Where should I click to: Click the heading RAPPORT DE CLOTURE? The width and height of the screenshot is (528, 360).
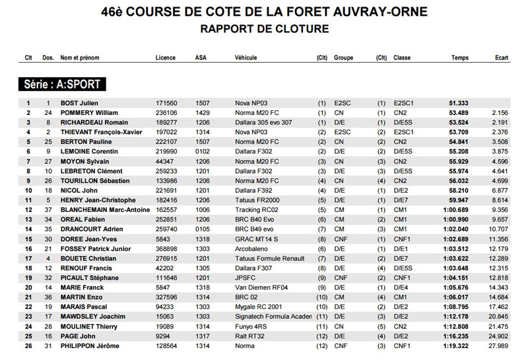click(264, 29)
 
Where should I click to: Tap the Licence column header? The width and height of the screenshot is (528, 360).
click(166, 58)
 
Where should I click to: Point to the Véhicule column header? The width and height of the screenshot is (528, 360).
click(246, 58)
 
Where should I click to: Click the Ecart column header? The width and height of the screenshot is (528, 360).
click(502, 58)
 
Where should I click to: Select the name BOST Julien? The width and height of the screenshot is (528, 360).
click(79, 104)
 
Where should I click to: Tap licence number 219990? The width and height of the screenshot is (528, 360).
click(166, 152)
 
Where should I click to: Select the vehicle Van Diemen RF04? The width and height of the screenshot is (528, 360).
click(262, 288)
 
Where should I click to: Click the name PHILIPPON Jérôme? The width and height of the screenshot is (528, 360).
click(90, 346)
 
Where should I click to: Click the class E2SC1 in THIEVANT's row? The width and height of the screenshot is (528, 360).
click(403, 133)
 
